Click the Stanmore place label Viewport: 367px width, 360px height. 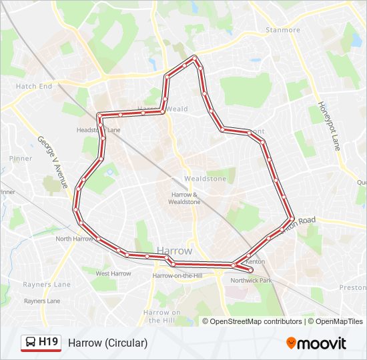(283, 30)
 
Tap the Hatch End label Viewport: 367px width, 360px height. (33, 87)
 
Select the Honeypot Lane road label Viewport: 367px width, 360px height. (330, 127)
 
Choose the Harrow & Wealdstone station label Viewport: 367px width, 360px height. (184, 198)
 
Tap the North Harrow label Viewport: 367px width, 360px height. (73, 239)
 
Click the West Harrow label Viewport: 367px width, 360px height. (113, 273)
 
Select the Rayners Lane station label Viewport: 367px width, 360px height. (43, 301)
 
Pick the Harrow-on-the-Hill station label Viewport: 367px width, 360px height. (177, 275)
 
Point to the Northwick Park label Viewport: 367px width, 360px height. (252, 281)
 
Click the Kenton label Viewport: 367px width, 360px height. (255, 262)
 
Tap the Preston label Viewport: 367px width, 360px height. (352, 287)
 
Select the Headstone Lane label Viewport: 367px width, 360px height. (98, 131)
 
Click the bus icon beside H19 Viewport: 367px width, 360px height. (30, 343)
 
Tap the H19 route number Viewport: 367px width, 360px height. (49, 343)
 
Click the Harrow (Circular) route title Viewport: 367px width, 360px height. (107, 343)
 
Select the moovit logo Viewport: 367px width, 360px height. (316, 343)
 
